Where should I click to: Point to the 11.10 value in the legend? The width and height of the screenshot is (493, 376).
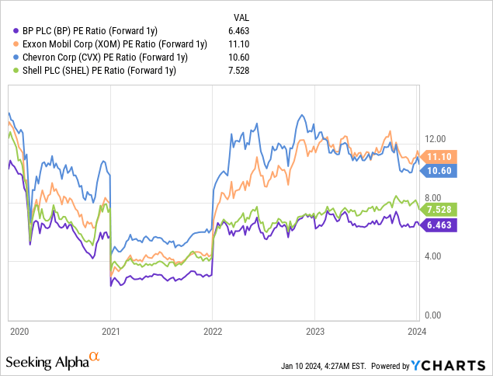coord(244,44)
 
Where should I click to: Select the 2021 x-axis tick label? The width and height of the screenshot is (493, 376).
coord(110,331)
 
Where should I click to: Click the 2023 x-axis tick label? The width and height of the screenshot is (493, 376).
coord(314,331)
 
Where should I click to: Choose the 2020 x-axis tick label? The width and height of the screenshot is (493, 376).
coord(19,331)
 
